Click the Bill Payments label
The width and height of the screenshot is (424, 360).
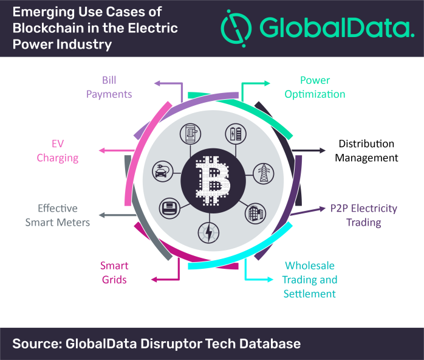(x=109, y=87)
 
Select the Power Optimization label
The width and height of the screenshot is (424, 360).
(x=315, y=87)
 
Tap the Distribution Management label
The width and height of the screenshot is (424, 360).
(x=366, y=151)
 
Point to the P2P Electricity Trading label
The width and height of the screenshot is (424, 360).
(x=364, y=215)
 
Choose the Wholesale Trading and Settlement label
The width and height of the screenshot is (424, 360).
(x=310, y=280)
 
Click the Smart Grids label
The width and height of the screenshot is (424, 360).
(x=114, y=272)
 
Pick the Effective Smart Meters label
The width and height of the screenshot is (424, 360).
(x=58, y=215)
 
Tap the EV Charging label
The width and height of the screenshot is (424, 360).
(x=58, y=151)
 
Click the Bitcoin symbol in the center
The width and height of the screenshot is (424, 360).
(x=213, y=180)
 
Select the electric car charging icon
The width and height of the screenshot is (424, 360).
(x=163, y=171)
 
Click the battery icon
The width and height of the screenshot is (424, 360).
(x=236, y=134)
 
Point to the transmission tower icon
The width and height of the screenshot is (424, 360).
(x=264, y=173)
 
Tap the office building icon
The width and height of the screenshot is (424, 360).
(x=255, y=213)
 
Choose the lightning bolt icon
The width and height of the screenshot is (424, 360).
(x=208, y=232)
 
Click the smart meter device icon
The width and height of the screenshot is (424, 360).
(x=169, y=209)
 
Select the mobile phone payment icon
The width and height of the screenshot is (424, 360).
(x=190, y=134)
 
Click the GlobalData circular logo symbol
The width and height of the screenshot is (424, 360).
(x=236, y=28)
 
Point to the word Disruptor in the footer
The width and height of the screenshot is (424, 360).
(x=171, y=344)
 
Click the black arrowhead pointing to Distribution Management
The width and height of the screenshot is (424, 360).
(x=323, y=150)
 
